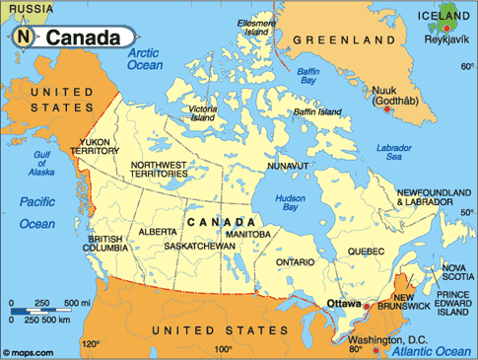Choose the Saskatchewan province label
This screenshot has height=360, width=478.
pyautogui.click(x=200, y=245)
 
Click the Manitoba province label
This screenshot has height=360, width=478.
pyautogui.click(x=261, y=234)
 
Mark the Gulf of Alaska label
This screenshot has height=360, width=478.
pyautogui.click(x=42, y=164)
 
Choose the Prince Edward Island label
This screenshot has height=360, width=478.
pyautogui.click(x=453, y=302)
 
